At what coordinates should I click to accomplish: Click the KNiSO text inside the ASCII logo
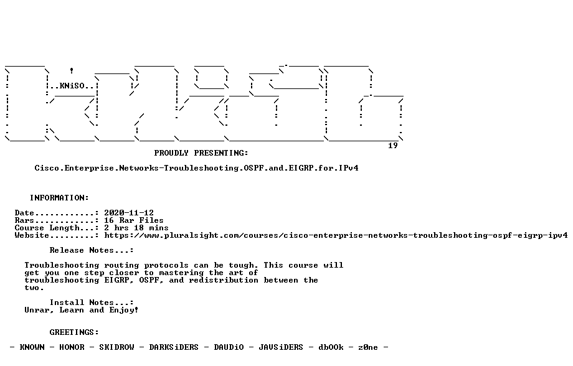click(x=72, y=86)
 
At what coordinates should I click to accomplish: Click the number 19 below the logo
click(x=393, y=146)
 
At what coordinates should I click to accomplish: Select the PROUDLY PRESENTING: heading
click(x=201, y=153)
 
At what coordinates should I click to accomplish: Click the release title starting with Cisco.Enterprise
click(x=197, y=168)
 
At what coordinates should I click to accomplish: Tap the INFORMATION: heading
click(x=59, y=198)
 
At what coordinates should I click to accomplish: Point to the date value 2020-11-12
click(x=129, y=213)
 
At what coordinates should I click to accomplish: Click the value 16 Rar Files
click(x=134, y=220)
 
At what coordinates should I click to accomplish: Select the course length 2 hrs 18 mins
click(x=136, y=228)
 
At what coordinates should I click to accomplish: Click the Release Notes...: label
click(x=92, y=250)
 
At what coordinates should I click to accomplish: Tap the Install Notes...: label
click(x=92, y=303)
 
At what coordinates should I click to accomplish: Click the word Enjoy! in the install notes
click(x=124, y=311)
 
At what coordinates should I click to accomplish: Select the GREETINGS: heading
click(x=74, y=332)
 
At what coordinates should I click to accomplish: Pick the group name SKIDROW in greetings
click(x=116, y=347)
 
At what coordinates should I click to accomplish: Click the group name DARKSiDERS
click(x=174, y=347)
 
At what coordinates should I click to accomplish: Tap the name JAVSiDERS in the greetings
click(x=281, y=347)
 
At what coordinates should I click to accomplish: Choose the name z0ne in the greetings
click(x=368, y=347)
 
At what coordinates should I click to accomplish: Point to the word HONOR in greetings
click(x=72, y=347)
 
